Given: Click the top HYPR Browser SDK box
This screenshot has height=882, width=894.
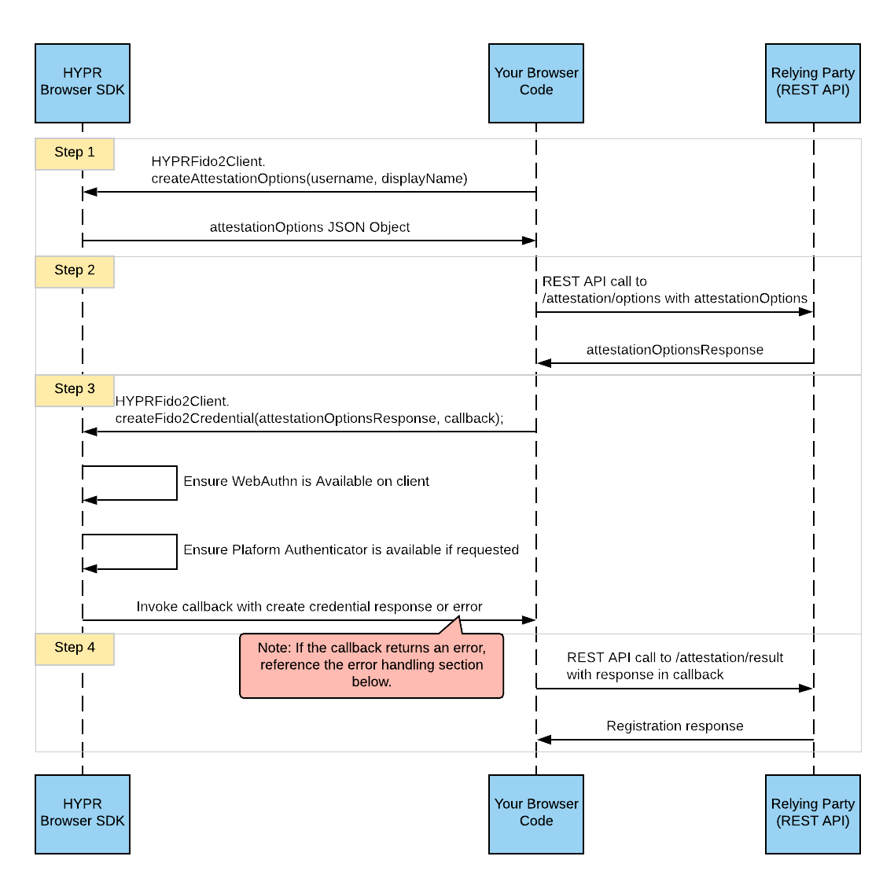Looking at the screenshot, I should (x=83, y=83).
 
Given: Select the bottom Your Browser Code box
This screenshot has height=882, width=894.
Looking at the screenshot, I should (x=535, y=814).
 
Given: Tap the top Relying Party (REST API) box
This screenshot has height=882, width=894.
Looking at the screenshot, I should (x=812, y=83).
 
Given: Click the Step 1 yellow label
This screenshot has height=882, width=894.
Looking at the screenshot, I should (x=75, y=153).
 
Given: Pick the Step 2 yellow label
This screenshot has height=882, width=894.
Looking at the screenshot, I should (x=75, y=271).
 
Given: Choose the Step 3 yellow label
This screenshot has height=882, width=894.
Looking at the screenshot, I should (x=75, y=390).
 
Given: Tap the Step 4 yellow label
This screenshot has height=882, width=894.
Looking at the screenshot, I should (x=75, y=649).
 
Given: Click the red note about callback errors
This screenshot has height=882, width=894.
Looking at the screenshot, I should (x=371, y=665).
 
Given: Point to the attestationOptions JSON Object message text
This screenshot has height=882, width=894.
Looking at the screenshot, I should (x=309, y=227).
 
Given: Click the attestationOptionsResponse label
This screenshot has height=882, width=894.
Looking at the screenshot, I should (x=675, y=350).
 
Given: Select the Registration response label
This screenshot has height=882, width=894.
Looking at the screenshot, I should (x=675, y=726).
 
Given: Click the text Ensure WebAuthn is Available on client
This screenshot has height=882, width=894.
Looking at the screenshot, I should (x=306, y=481).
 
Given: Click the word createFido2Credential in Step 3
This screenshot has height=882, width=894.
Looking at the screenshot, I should (x=185, y=418).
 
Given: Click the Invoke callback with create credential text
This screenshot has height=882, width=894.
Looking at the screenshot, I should (x=309, y=607).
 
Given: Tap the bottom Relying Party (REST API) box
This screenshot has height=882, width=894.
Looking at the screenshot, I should (x=812, y=814).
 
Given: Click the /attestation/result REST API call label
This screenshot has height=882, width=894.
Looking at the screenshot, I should (x=675, y=666).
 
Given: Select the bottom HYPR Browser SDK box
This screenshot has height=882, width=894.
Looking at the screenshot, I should (x=83, y=814).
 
